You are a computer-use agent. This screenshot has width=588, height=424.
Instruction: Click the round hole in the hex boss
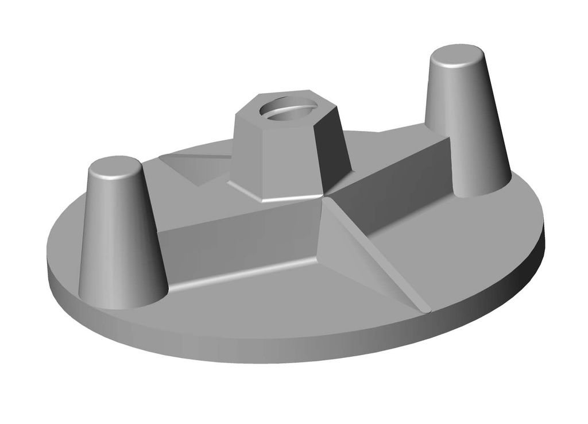pos(287,108)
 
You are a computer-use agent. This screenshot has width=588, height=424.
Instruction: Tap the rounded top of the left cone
pos(115,166)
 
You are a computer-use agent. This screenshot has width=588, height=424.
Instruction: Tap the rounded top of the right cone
pos(457,56)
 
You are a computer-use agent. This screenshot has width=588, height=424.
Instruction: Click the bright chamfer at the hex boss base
pos(287,197)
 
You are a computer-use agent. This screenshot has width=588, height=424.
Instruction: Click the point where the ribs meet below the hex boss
pos(323,201)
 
